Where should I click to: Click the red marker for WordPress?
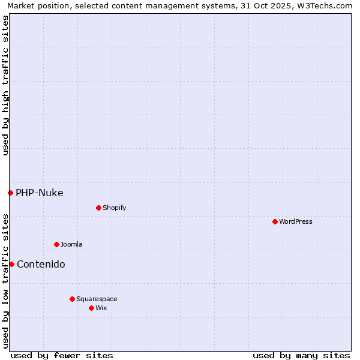(x=275, y=221)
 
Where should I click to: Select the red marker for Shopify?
(x=98, y=208)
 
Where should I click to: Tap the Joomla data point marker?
(x=56, y=244)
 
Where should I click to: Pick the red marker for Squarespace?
(x=72, y=299)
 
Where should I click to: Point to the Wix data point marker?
(x=91, y=308)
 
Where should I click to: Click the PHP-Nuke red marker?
(x=10, y=193)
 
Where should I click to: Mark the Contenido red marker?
(x=11, y=264)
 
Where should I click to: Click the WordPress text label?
(x=296, y=221)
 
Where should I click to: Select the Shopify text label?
(x=114, y=208)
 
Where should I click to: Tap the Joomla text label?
(x=71, y=244)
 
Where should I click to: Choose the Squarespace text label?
(x=97, y=299)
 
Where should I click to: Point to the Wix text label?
(x=101, y=308)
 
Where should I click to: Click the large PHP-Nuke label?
(x=40, y=193)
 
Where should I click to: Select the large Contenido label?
(x=41, y=264)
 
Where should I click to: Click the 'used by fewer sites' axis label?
(x=62, y=355)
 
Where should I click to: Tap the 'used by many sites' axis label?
(x=301, y=355)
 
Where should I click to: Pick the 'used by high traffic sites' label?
(x=5, y=85)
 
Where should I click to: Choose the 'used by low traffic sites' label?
(x=5, y=280)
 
